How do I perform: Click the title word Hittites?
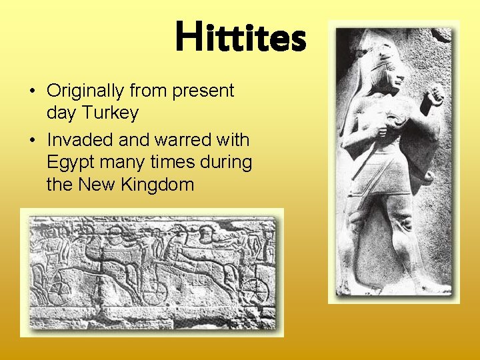pyautogui.click(x=241, y=37)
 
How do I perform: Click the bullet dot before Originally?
pyautogui.click(x=32, y=91)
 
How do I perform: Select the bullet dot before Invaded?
pyautogui.click(x=32, y=141)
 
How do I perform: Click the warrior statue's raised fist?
pyautogui.click(x=435, y=96)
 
